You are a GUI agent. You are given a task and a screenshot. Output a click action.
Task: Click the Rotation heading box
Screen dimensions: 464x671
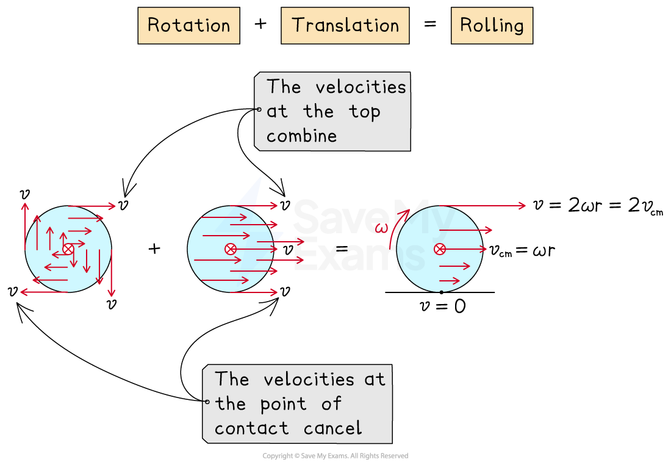click(x=188, y=26)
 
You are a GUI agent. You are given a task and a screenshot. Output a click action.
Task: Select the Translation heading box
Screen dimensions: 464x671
click(x=345, y=26)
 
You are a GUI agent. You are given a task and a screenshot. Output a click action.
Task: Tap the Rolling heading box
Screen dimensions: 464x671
click(x=492, y=26)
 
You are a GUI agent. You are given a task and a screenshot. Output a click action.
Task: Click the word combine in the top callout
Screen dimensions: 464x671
click(x=301, y=136)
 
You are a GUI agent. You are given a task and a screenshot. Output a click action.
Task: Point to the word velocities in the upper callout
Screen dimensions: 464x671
click(x=361, y=87)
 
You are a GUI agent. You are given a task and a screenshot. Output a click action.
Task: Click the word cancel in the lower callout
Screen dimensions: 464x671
click(x=332, y=428)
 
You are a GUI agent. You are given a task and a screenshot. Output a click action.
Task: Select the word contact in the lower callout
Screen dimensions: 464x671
click(x=251, y=428)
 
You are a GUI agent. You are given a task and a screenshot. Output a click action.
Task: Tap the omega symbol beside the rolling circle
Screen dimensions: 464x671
click(x=381, y=228)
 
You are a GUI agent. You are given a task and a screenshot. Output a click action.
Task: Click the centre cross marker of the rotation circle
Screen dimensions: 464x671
click(x=68, y=248)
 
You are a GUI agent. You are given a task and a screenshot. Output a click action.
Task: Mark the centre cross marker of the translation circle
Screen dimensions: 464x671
click(x=231, y=248)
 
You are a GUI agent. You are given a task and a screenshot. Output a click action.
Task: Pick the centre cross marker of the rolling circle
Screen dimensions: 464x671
click(x=439, y=248)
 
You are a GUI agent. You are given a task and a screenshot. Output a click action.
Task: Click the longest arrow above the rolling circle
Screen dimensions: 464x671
click(x=482, y=206)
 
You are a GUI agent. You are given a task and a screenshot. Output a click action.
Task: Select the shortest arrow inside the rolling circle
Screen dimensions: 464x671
click(x=450, y=281)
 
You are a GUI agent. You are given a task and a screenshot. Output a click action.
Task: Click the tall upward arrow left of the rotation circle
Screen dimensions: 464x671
click(x=25, y=225)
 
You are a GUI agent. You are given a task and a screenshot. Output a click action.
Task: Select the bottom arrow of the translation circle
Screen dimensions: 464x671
click(x=254, y=292)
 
